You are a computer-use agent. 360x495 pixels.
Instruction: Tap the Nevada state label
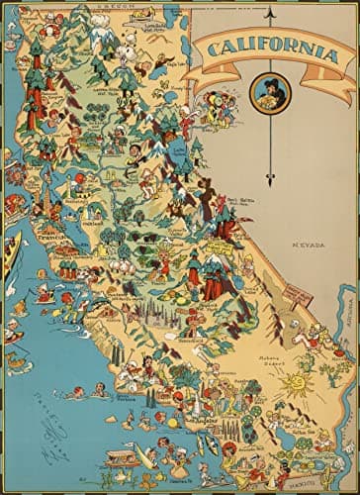300,243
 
